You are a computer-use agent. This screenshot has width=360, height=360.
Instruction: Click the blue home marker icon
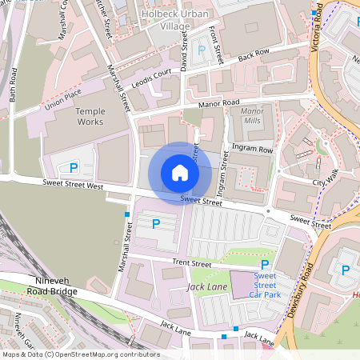[180, 173]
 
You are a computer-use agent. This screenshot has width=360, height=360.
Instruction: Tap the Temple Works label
[90, 118]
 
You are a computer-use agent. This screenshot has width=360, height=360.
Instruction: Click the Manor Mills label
[252, 115]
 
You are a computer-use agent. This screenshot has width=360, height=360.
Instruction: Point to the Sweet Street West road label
[73, 186]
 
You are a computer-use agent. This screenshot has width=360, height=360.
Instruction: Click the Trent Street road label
[192, 263]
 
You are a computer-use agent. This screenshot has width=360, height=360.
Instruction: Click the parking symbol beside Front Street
[202, 51]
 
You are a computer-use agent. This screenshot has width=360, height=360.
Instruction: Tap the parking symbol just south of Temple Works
[74, 168]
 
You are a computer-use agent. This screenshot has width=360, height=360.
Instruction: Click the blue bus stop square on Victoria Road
[313, 14]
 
